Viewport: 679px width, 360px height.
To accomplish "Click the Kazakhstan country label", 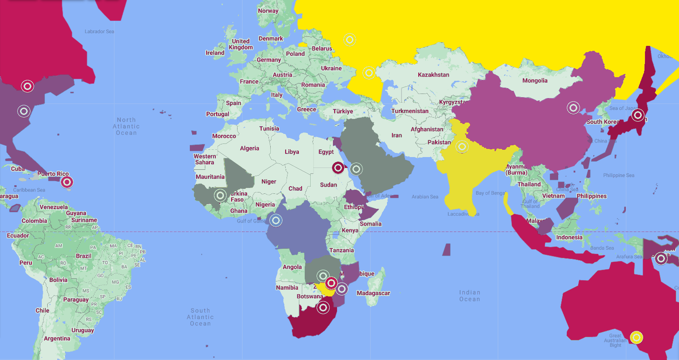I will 433,74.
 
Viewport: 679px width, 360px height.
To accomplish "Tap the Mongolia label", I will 535,81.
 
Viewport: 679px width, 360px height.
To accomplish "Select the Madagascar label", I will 373,293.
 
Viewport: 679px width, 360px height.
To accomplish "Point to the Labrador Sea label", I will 99,31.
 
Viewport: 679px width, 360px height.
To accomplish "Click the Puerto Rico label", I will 53,174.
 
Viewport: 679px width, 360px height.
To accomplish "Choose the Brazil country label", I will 84,256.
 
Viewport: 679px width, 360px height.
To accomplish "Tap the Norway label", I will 268,11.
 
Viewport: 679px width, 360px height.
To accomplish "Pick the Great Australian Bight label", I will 615,340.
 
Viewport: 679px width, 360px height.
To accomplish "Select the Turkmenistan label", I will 410,111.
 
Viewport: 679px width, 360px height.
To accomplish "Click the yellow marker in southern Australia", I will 637,337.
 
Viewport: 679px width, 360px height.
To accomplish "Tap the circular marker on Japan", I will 638,115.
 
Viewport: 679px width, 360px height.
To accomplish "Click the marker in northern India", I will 462,147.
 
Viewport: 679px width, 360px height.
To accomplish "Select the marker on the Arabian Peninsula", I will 357,169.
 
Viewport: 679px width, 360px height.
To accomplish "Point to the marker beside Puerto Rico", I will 67,182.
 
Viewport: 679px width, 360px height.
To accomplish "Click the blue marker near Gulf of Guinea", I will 276,221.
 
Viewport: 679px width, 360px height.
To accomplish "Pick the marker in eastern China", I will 573,108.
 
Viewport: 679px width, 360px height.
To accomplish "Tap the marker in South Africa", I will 323,308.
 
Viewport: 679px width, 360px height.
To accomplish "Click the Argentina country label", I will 57,339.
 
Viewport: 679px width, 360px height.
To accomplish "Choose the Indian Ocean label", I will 469,296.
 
